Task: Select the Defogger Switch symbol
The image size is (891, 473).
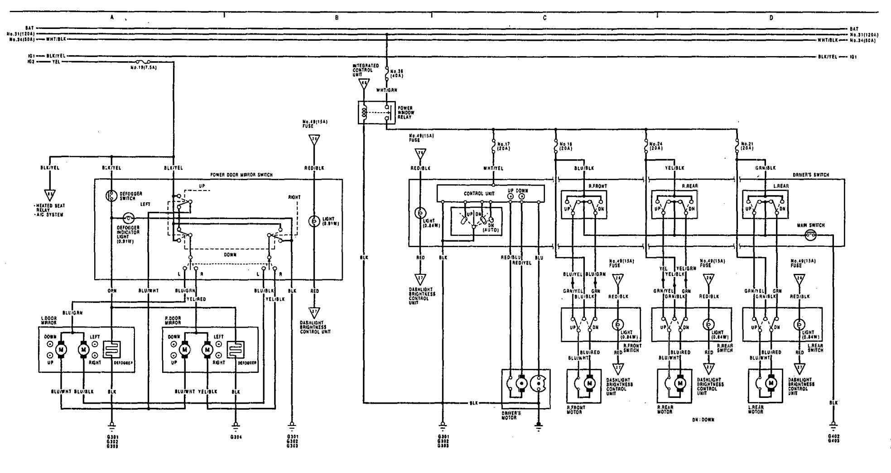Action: click(111, 196)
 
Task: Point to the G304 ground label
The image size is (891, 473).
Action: click(236, 437)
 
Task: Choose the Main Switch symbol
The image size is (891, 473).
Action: click(810, 235)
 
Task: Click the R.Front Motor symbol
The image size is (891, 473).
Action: click(589, 383)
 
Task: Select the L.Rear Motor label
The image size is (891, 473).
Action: click(756, 410)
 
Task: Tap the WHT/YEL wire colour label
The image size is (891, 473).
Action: click(493, 168)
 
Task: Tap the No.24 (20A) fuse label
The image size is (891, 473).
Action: click(655, 146)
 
